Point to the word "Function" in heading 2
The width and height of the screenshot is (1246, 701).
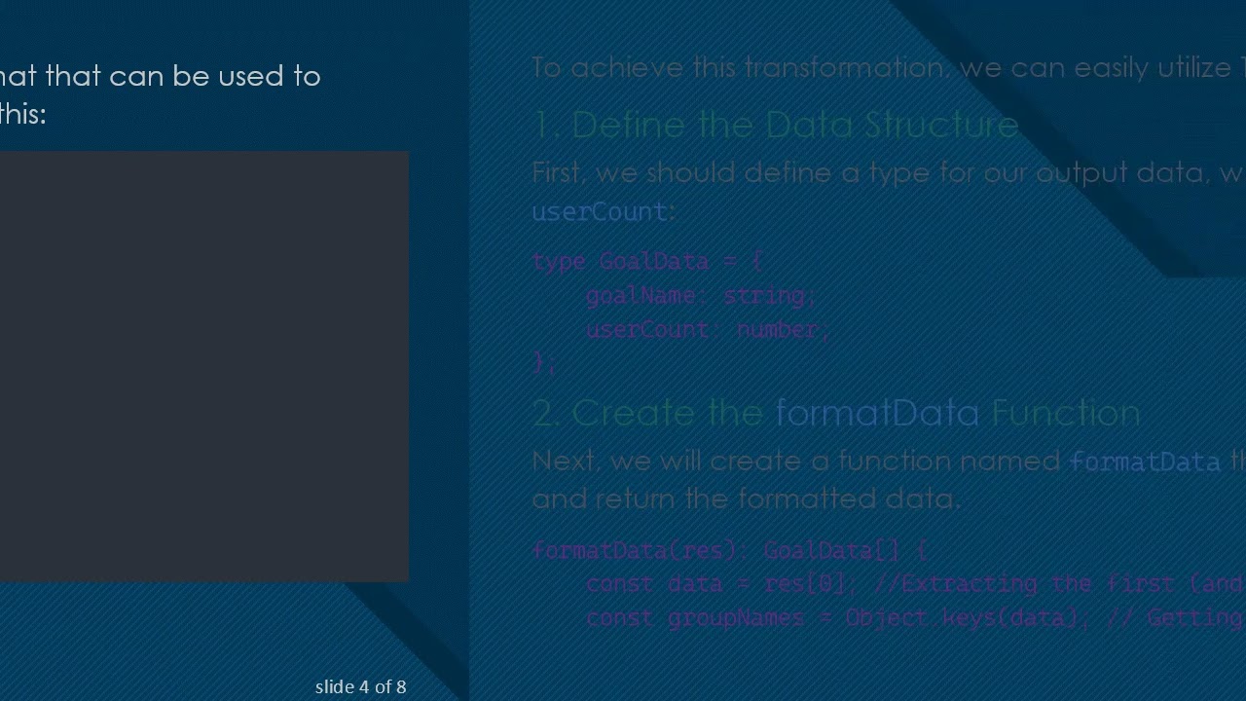pyautogui.click(x=1065, y=413)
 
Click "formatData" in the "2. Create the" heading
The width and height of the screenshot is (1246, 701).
pyautogui.click(x=877, y=413)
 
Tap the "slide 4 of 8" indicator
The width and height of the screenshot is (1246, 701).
pyautogui.click(x=360, y=686)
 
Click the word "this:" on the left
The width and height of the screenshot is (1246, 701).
pyautogui.click(x=22, y=114)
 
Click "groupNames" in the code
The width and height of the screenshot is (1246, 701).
pyautogui.click(x=736, y=617)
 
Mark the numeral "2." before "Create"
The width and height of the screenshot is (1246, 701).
pyautogui.click(x=546, y=413)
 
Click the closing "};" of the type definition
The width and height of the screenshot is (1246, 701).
pyautogui.click(x=544, y=362)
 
